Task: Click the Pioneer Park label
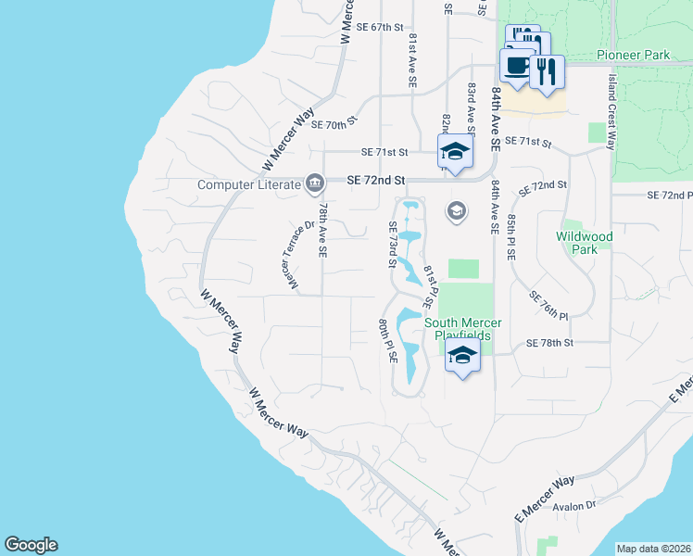(x=633, y=56)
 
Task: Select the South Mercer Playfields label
(x=463, y=329)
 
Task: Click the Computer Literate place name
(x=250, y=184)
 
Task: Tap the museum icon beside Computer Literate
(x=315, y=183)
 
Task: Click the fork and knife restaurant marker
(x=548, y=71)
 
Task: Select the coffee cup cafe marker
(x=517, y=67)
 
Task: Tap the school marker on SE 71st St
(x=455, y=151)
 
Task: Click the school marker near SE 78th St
(x=462, y=354)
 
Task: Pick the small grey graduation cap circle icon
(x=455, y=211)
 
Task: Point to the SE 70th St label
(x=334, y=124)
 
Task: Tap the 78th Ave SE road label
(x=321, y=232)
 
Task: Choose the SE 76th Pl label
(x=548, y=305)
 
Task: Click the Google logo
(x=31, y=545)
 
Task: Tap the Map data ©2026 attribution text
(x=653, y=549)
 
